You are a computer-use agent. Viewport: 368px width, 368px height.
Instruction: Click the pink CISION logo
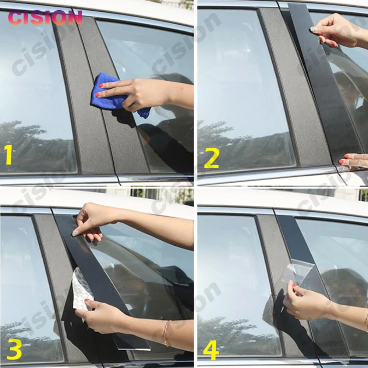(45, 18)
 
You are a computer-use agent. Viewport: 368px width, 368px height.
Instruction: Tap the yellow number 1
(9, 155)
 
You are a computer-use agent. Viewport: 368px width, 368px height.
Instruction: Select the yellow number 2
(212, 159)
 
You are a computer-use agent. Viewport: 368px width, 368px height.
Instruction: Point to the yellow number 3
(14, 349)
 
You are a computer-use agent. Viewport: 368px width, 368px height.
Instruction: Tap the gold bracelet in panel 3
(166, 333)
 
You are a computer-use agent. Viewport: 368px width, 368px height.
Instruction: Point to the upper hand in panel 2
(338, 31)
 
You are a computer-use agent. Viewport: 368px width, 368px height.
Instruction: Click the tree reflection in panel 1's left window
(35, 145)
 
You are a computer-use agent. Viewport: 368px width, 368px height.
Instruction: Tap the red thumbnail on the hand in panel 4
(295, 286)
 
